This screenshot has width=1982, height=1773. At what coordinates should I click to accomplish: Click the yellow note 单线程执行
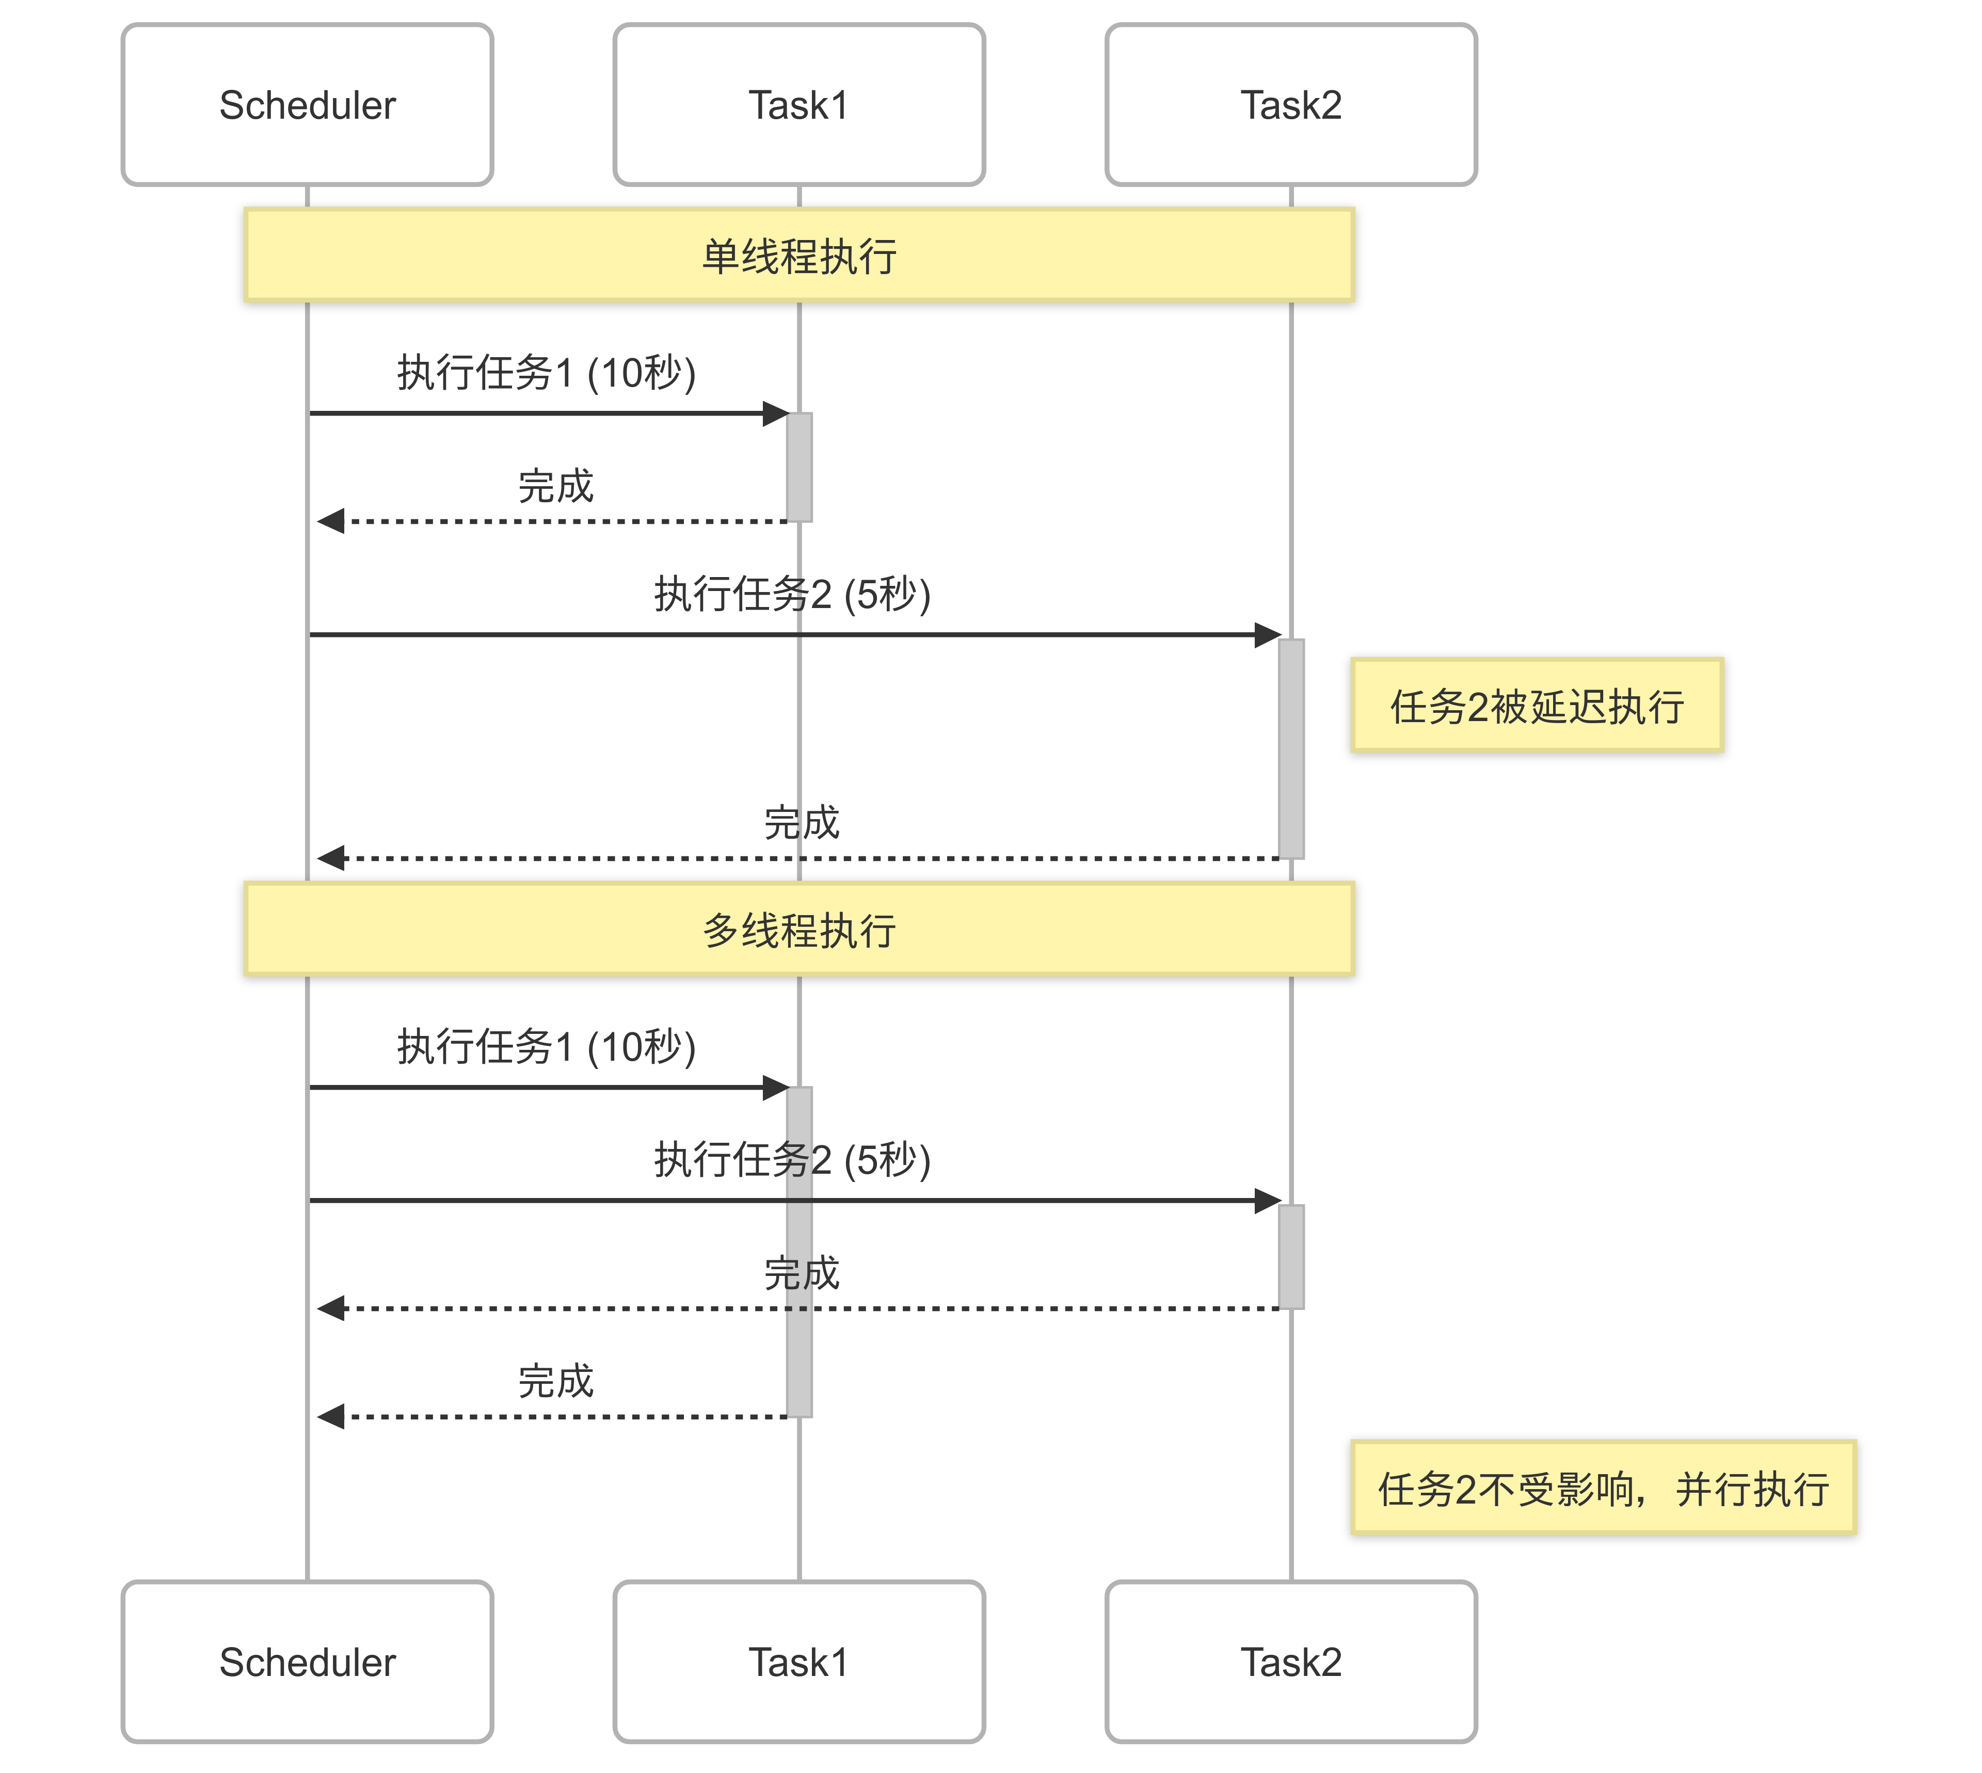pos(798,255)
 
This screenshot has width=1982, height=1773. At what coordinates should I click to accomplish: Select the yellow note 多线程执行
pos(798,930)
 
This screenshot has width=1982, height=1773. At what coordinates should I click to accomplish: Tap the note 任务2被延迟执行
pos(1536,705)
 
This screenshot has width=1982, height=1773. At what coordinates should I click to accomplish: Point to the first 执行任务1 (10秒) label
pos(546,372)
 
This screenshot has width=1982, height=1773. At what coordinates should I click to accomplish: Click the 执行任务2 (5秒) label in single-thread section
pos(792,593)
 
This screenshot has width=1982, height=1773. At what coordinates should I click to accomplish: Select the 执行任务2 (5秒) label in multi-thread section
pos(792,1159)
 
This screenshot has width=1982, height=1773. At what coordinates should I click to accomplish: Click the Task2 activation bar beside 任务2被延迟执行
pos(1290,748)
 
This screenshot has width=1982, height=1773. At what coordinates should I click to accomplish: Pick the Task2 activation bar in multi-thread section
pos(1290,1257)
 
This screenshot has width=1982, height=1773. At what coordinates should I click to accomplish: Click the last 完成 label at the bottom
pos(555,1380)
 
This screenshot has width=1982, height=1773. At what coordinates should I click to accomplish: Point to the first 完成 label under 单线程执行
pos(555,485)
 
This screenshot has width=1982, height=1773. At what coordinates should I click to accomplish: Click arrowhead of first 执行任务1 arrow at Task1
pos(776,413)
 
